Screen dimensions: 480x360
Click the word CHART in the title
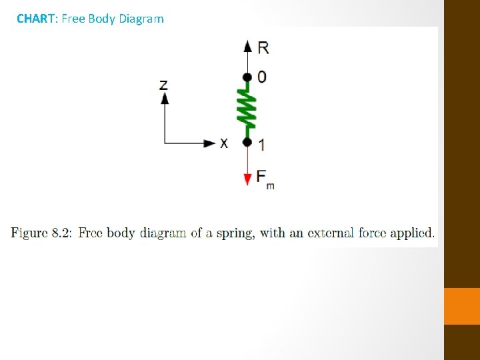click(x=35, y=19)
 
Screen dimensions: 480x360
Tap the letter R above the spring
click(x=263, y=47)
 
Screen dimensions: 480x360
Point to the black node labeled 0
click(x=247, y=77)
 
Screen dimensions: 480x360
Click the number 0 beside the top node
click(x=262, y=77)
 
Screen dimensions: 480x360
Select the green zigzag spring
click(x=247, y=109)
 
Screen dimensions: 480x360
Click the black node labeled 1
click(x=247, y=142)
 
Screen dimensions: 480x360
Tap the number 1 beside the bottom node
click(x=261, y=144)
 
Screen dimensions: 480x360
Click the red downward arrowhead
click(x=247, y=179)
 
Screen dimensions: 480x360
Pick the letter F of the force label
click(x=261, y=177)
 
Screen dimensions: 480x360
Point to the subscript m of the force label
click(x=270, y=185)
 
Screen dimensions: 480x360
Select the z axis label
click(x=164, y=85)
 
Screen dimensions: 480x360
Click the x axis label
click(x=224, y=143)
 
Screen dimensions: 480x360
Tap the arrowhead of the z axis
click(x=165, y=98)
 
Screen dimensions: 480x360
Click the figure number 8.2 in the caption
click(x=63, y=233)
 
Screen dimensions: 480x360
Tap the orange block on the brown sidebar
click(x=462, y=306)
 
